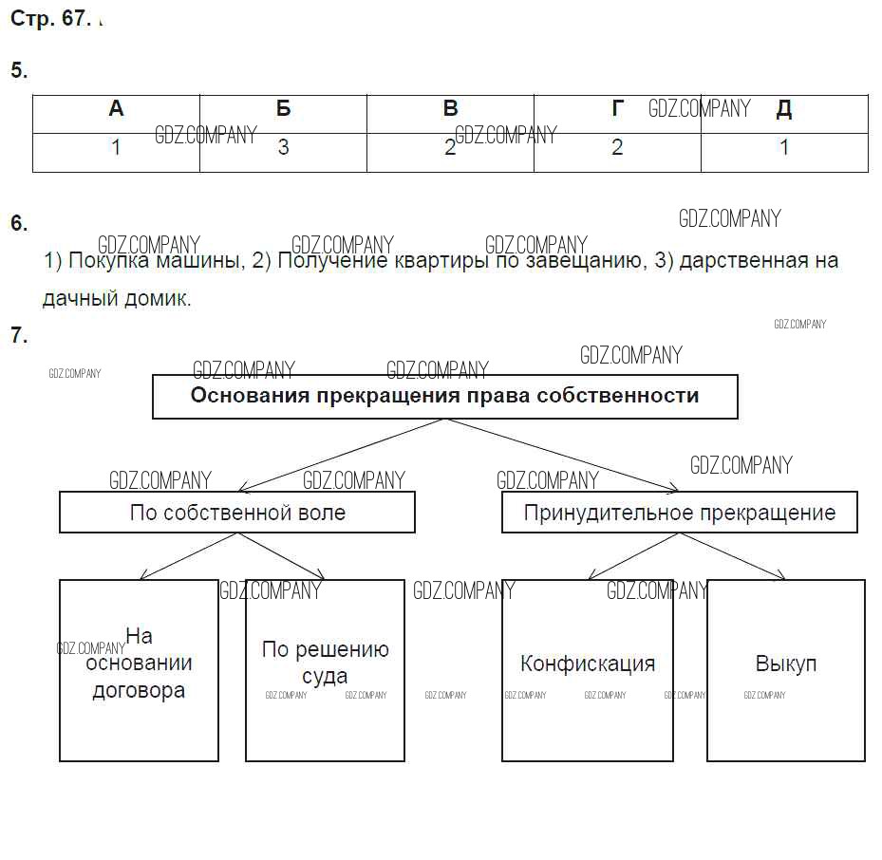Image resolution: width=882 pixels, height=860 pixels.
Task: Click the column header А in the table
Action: [x=116, y=109]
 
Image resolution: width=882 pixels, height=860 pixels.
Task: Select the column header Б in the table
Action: [x=283, y=109]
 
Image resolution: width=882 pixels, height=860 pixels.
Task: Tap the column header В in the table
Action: [x=450, y=109]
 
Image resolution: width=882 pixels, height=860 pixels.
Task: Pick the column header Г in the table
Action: [x=617, y=109]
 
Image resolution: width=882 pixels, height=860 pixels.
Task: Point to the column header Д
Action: [x=783, y=109]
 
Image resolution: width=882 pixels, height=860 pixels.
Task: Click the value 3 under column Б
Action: [x=283, y=148]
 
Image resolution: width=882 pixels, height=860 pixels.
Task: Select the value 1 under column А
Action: [x=116, y=148]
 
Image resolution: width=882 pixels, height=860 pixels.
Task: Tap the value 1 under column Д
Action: [x=783, y=148]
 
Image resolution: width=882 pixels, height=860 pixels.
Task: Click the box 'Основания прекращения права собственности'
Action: [x=444, y=396]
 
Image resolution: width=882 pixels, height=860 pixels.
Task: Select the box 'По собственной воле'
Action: [x=237, y=513]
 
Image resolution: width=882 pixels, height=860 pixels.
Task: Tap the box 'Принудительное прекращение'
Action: [x=680, y=513]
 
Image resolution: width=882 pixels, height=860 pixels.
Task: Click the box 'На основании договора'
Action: [x=139, y=670]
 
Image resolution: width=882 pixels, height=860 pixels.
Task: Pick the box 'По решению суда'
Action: [x=325, y=670]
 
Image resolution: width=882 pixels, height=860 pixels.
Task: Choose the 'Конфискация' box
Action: [x=588, y=670]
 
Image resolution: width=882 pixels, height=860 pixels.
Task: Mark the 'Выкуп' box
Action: [x=786, y=670]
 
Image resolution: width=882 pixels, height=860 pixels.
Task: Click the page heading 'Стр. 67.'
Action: [x=49, y=20]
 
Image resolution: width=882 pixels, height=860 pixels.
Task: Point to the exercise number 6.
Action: [x=19, y=224]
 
